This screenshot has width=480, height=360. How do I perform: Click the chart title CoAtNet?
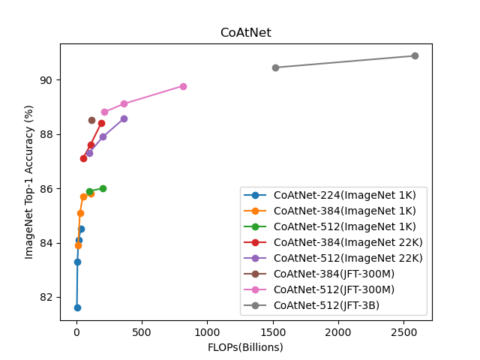[x=245, y=33]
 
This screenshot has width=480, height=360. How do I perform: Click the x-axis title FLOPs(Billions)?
[x=245, y=347]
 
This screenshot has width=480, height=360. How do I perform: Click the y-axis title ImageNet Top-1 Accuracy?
[x=29, y=182]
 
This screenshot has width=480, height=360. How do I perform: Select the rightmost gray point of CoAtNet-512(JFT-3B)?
[x=415, y=55]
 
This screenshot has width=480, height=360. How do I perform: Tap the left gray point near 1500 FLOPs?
[x=275, y=67]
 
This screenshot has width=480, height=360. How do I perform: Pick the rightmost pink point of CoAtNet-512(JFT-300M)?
[x=183, y=86]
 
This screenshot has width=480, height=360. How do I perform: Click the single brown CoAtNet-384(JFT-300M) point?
[x=91, y=120]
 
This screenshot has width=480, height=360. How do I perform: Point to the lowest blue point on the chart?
[x=77, y=307]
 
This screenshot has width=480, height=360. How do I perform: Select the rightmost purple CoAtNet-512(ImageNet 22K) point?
[x=124, y=118]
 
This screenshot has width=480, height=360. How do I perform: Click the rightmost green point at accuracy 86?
[x=103, y=188]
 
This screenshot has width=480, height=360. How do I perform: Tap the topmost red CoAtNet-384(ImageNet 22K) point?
[x=101, y=123]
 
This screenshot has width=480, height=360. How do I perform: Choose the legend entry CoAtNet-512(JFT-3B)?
[x=326, y=305]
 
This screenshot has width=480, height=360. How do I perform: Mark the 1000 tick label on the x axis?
[x=207, y=332]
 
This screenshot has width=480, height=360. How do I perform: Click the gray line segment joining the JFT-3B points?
[x=345, y=61]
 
